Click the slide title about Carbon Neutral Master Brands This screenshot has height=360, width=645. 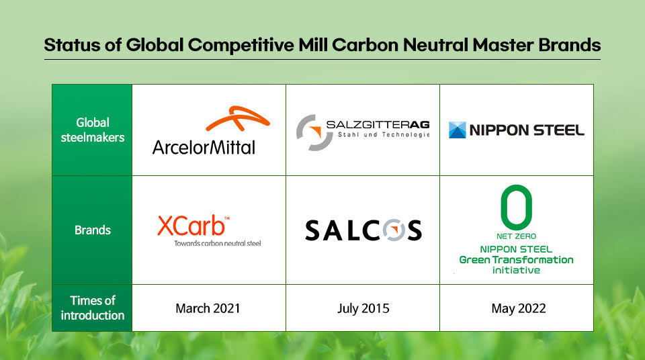coord(322,45)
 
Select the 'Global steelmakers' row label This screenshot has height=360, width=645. coord(92,130)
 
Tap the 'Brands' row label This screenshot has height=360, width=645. coord(92,230)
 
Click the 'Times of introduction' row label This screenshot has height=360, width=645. coord(92,308)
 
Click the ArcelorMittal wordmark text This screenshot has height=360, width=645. coord(204,146)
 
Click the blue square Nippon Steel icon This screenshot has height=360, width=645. coord(458,130)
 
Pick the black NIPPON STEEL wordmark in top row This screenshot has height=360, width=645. coord(526,130)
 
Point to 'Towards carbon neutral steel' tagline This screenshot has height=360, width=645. coord(217,243)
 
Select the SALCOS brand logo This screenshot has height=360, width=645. coord(363,230)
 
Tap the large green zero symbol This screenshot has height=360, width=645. coord(516,206)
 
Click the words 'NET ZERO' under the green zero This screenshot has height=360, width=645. coord(516,236)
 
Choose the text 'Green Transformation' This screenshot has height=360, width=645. coord(516,259)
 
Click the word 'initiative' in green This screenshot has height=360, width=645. coord(516,270)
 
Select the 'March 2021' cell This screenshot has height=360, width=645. coord(208,308)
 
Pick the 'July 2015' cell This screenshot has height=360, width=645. coord(363,308)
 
